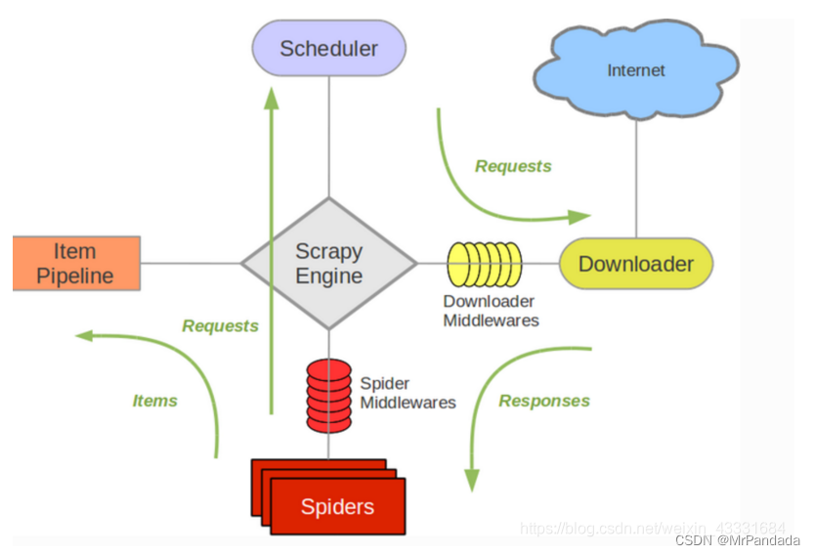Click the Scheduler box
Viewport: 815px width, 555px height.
[x=328, y=48]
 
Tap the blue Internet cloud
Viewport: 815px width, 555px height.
[x=636, y=71]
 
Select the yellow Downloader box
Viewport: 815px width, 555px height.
[x=636, y=264]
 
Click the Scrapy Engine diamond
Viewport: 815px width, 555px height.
[x=329, y=264]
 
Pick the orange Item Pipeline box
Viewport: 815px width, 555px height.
[x=76, y=263]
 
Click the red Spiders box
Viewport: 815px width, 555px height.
[x=337, y=506]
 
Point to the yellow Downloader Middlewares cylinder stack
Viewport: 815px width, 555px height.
[x=485, y=264]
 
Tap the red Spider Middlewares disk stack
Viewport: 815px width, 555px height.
[x=328, y=390]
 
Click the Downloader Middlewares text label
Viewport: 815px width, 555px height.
[x=491, y=311]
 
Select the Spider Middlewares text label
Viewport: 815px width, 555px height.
[x=407, y=393]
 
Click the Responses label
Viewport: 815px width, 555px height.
[x=544, y=401]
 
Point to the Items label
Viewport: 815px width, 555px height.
[x=155, y=401]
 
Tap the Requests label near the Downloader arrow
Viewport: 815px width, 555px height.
[x=513, y=166]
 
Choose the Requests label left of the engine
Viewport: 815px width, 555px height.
[x=220, y=325]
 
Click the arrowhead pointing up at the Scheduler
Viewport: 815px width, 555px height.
[x=272, y=98]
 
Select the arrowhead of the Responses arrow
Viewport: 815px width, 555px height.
[x=472, y=480]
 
